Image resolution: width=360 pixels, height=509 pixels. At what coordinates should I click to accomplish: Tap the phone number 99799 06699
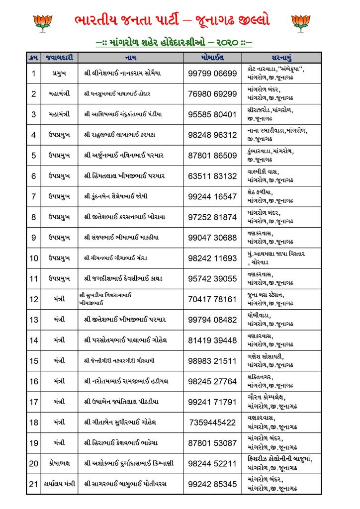[212, 73]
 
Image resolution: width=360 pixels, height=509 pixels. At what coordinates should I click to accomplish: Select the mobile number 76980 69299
[212, 94]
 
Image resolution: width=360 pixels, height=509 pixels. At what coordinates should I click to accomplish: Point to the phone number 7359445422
[212, 423]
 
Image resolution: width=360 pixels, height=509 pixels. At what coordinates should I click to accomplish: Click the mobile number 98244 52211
[212, 464]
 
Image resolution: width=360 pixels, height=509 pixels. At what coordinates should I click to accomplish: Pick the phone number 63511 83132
[212, 176]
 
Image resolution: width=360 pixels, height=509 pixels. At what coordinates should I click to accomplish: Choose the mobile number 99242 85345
[212, 484]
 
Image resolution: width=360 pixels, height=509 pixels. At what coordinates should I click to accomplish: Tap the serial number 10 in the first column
[34, 258]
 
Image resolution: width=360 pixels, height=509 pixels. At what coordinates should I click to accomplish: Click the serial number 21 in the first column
[34, 484]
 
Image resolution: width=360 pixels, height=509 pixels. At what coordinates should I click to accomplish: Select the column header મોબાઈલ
[212, 57]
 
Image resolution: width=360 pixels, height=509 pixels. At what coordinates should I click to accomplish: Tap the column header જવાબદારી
[59, 57]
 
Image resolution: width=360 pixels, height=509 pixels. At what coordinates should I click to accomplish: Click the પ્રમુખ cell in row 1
[59, 73]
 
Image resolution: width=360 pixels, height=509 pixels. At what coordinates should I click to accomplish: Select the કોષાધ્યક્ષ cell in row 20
[59, 464]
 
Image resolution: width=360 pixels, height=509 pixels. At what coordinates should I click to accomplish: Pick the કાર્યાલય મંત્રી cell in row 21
[59, 484]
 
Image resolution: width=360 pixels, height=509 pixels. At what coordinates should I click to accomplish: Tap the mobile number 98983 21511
[212, 361]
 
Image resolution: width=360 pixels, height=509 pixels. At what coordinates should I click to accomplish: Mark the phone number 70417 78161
[212, 299]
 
